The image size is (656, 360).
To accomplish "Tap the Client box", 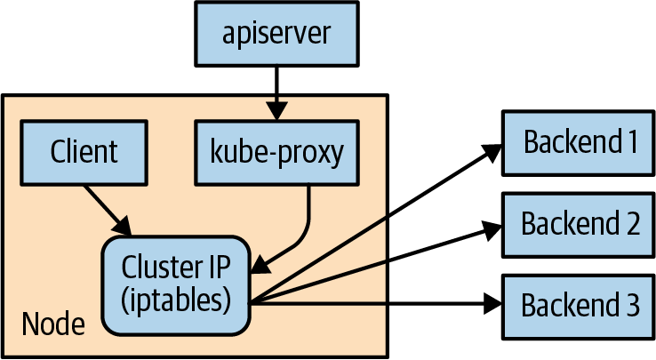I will (x=84, y=152).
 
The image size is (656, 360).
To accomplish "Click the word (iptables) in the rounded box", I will (x=176, y=300).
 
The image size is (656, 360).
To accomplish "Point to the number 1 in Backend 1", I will (x=631, y=141).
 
